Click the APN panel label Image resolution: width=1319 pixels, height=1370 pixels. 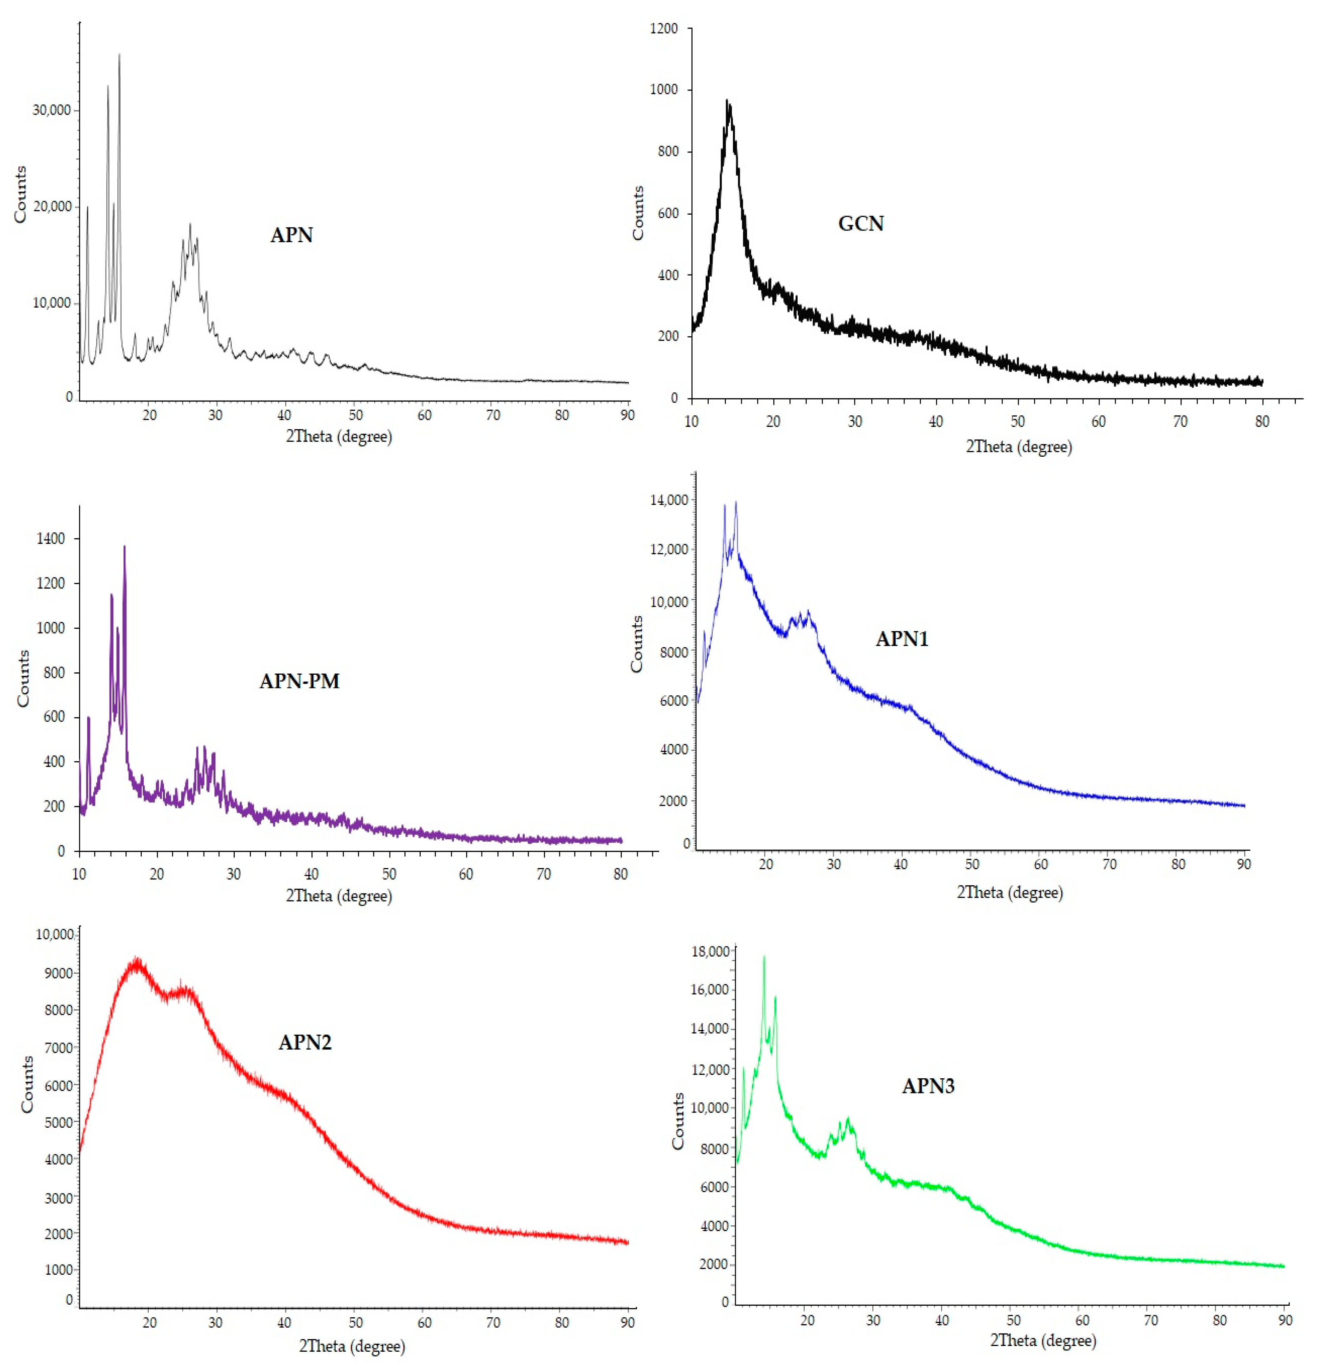tap(292, 235)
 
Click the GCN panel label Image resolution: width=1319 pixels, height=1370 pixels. tap(861, 224)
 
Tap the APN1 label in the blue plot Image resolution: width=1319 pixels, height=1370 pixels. tap(902, 639)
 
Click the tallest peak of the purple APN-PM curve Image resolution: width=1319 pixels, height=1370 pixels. tap(124, 547)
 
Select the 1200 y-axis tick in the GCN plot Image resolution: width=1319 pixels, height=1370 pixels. tap(664, 29)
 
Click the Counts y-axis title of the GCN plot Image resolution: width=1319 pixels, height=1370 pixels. tap(638, 213)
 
